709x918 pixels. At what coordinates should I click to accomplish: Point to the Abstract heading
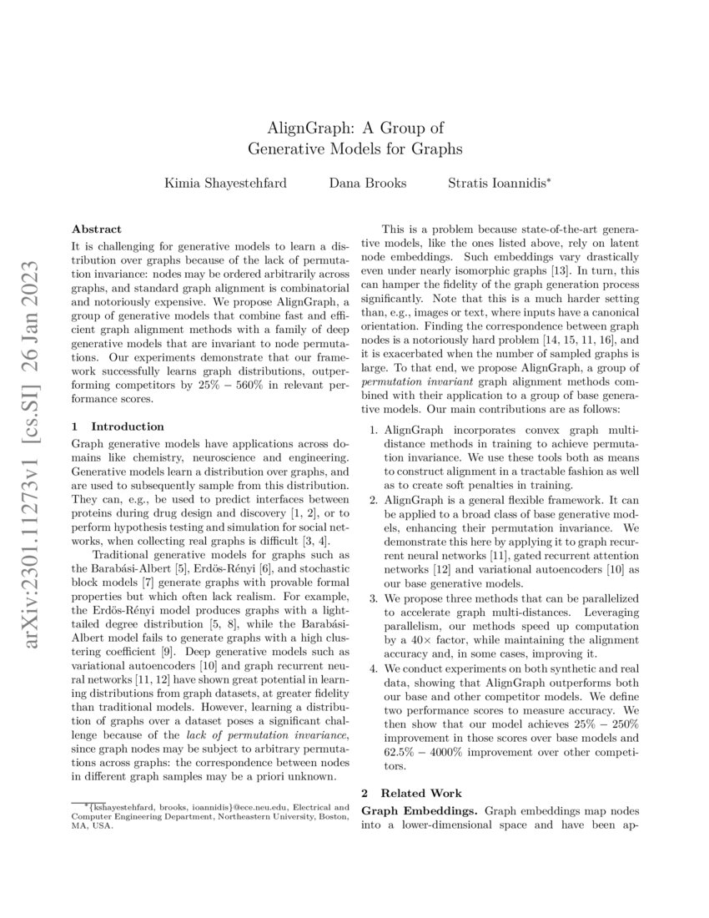click(97, 229)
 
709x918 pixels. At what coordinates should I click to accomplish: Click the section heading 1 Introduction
click(118, 426)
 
